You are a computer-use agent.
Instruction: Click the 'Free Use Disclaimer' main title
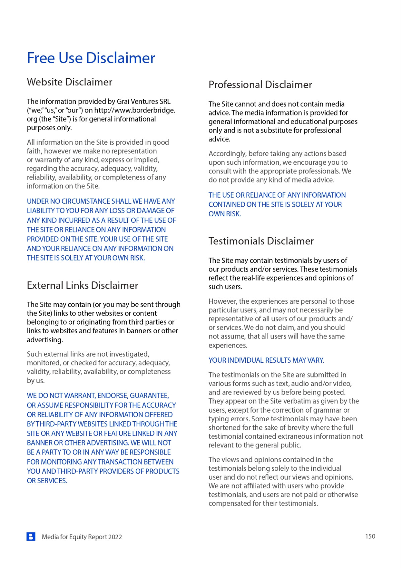pyautogui.click(x=91, y=58)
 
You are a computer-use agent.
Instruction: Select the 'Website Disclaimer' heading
pyautogui.click(x=69, y=82)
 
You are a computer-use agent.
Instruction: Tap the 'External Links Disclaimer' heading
pyautogui.click(x=82, y=285)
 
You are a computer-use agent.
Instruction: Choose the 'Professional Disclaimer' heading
pyautogui.click(x=260, y=85)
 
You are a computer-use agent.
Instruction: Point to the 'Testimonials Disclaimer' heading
pyautogui.click(x=261, y=241)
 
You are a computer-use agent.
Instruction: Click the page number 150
pyautogui.click(x=370, y=536)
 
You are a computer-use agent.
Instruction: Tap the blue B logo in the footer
pyautogui.click(x=31, y=537)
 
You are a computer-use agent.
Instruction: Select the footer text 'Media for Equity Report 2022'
pyautogui.click(x=82, y=537)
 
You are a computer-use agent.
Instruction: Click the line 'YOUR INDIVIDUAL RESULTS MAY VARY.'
pyautogui.click(x=266, y=360)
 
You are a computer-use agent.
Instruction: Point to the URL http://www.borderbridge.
pyautogui.click(x=134, y=110)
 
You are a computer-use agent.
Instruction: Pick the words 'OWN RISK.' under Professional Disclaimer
pyautogui.click(x=224, y=214)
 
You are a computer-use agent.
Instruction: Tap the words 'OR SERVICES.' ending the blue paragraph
pyautogui.click(x=47, y=481)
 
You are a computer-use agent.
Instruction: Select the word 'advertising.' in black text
pyautogui.click(x=45, y=340)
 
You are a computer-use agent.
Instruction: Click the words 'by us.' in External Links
pyautogui.click(x=36, y=381)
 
